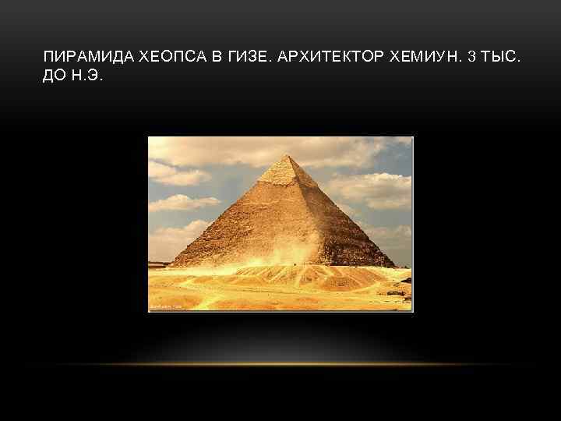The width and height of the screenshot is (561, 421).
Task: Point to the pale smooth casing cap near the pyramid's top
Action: tap(288, 169)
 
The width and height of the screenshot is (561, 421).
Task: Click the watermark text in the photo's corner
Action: tap(166, 306)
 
